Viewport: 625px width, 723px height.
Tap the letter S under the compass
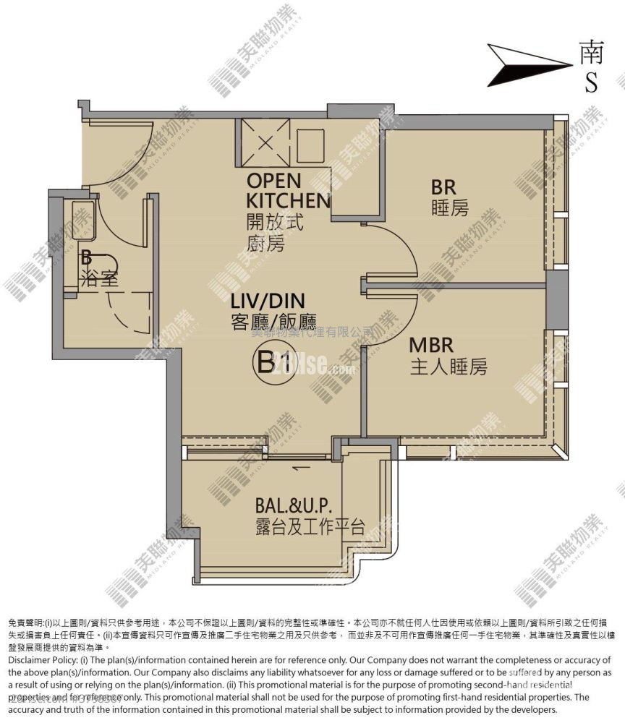(592, 84)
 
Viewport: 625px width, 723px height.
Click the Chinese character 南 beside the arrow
(592, 52)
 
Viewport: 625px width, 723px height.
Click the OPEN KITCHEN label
(288, 190)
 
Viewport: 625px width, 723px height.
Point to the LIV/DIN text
(268, 300)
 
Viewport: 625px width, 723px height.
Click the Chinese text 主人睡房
(448, 367)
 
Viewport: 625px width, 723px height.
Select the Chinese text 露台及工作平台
(309, 527)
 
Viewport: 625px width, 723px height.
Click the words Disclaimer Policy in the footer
(45, 660)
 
